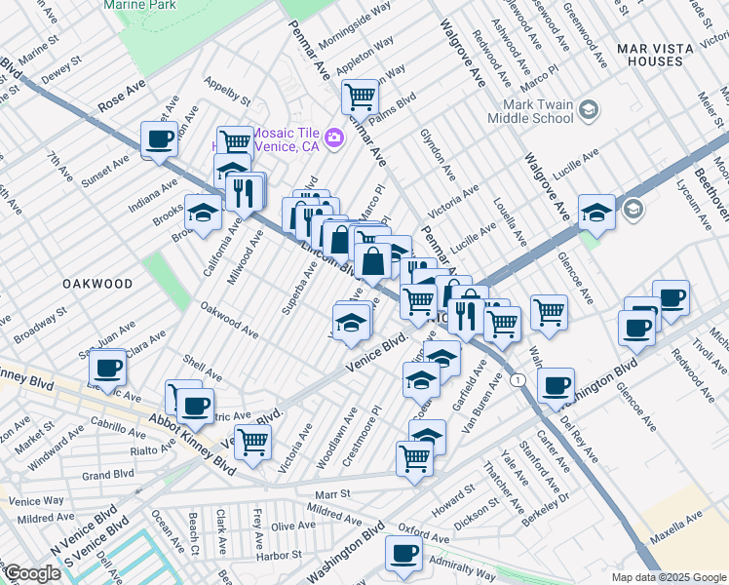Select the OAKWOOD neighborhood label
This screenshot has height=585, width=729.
[x=96, y=283]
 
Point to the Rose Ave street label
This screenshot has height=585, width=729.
[x=122, y=97]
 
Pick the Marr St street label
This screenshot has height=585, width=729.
[x=332, y=494]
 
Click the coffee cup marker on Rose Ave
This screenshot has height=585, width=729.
[x=159, y=137]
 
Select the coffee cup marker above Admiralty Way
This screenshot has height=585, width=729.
[x=403, y=553]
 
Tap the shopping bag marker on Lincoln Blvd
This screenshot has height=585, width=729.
[x=373, y=260]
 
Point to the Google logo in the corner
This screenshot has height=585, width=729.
[x=32, y=572]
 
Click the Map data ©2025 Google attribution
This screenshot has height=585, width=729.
[x=669, y=577]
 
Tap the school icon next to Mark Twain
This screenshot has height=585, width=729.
[x=589, y=110]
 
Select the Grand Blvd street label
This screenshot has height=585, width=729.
[x=108, y=475]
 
